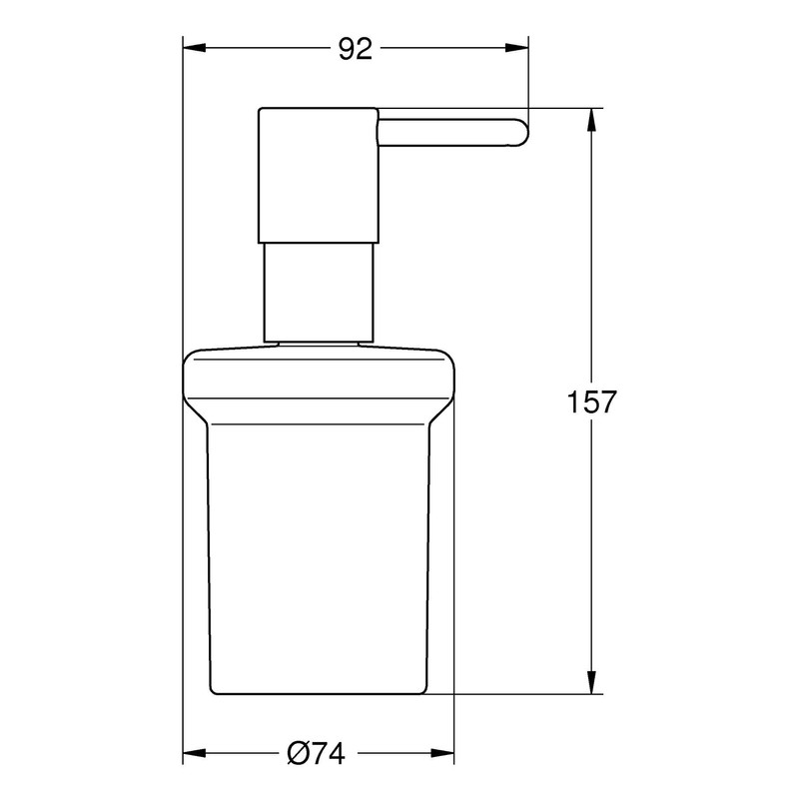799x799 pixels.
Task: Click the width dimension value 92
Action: [x=354, y=49]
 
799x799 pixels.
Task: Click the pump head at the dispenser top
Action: [x=318, y=174]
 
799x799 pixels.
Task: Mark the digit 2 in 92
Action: [x=365, y=49]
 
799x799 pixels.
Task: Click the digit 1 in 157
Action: [x=572, y=402]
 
